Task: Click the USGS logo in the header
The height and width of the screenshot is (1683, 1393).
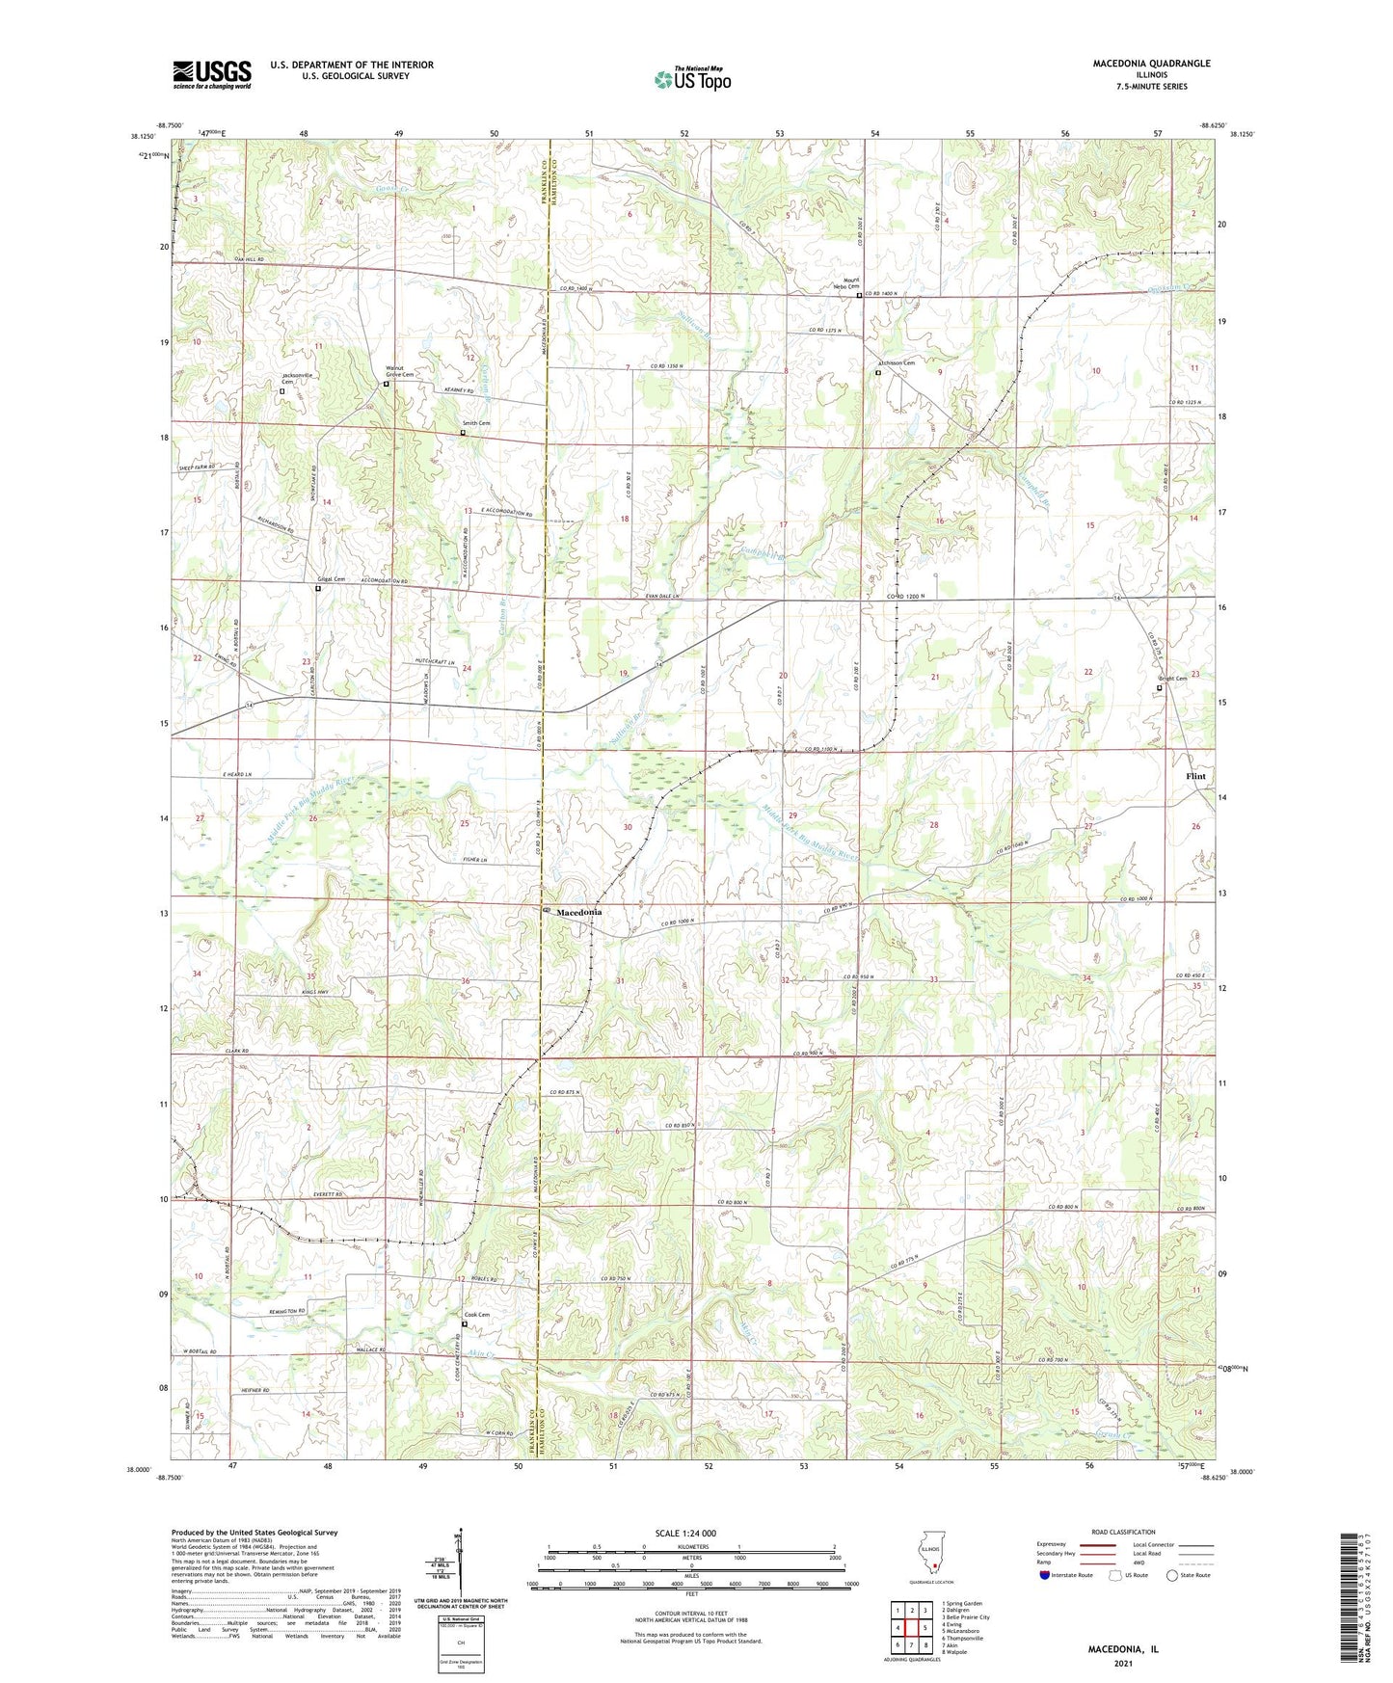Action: tap(212, 74)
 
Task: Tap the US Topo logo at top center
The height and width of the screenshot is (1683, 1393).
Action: tap(691, 79)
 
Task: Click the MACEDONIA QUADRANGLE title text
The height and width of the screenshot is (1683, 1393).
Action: tap(1151, 64)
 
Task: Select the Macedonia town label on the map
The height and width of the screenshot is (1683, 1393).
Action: tap(578, 912)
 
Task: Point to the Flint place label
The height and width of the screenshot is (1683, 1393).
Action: tap(1196, 776)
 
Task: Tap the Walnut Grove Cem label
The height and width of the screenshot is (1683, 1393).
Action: tap(399, 371)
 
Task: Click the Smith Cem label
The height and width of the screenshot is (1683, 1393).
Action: tap(475, 423)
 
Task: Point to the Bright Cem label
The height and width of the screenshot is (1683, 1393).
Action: tap(1172, 679)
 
